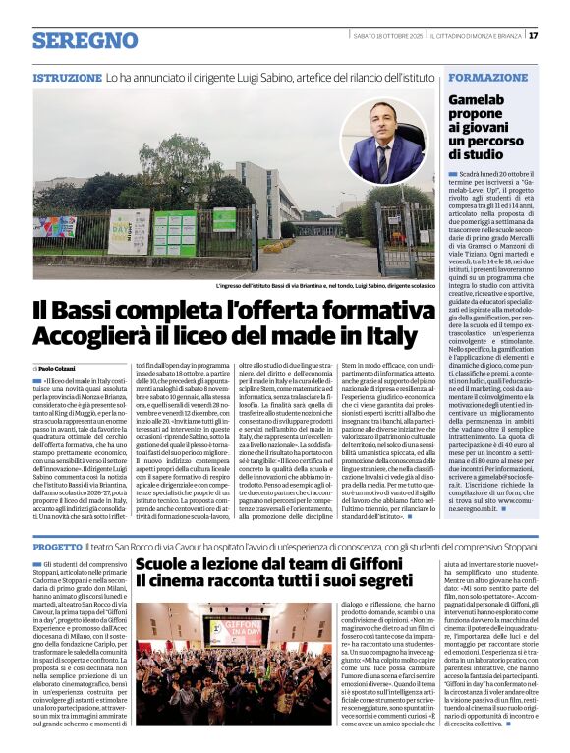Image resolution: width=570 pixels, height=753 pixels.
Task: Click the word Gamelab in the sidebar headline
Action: point(477,99)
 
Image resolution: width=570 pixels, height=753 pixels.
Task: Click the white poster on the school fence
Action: point(130,232)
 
